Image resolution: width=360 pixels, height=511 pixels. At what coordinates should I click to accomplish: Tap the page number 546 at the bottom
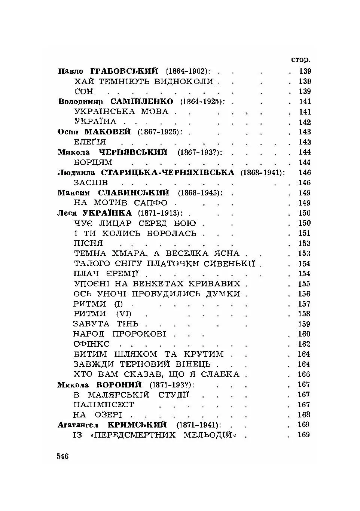coord(63,456)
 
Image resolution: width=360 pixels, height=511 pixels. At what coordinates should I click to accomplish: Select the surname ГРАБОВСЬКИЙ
coord(124,71)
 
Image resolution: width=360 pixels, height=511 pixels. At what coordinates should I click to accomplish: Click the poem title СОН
coord(84,91)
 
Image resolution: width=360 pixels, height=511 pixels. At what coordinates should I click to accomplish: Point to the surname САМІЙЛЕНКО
coord(142,101)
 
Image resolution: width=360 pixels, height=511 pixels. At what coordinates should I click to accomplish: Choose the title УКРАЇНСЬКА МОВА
coord(121,112)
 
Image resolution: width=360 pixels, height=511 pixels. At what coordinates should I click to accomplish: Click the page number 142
coord(305,122)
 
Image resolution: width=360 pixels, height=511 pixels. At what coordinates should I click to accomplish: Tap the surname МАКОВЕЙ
coord(107,132)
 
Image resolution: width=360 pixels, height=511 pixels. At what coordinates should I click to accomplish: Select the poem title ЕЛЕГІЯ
coord(90,142)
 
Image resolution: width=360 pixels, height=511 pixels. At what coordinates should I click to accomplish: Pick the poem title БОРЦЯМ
coord(93,162)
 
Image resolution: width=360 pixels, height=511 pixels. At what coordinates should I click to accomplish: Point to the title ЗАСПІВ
coord(91,183)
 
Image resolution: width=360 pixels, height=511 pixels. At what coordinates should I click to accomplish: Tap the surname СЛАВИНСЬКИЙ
coord(133,193)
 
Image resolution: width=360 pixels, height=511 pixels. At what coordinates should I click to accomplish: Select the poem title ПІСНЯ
coord(88,243)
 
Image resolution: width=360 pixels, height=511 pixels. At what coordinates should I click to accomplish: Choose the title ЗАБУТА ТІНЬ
coord(106,324)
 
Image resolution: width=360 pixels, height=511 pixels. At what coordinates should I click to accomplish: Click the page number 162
coord(304,344)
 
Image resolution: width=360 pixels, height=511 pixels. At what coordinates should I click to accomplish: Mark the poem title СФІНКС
coord(92,344)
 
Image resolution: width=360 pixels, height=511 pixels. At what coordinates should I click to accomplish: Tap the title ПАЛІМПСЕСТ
coord(104,405)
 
